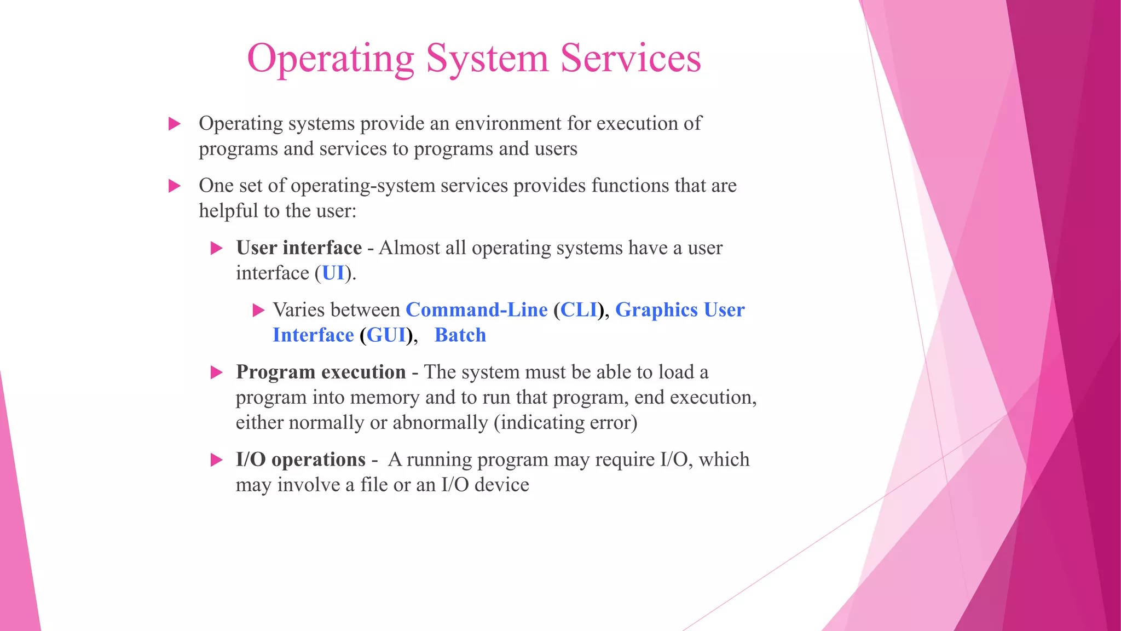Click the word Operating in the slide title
pyautogui.click(x=331, y=59)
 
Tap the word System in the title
pyautogui.click(x=487, y=59)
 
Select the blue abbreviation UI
pyautogui.click(x=333, y=273)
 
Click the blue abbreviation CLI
pyautogui.click(x=579, y=310)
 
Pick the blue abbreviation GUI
pyautogui.click(x=386, y=335)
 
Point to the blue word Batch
pyautogui.click(x=460, y=335)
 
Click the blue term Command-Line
pyautogui.click(x=476, y=310)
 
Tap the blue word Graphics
pyautogui.click(x=656, y=310)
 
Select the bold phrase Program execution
pyautogui.click(x=321, y=372)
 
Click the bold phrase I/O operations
pyautogui.click(x=301, y=460)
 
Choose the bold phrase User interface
pyautogui.click(x=299, y=248)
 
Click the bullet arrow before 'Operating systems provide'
pyautogui.click(x=175, y=124)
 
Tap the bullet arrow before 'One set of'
pyautogui.click(x=175, y=186)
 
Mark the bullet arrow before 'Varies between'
pyautogui.click(x=258, y=311)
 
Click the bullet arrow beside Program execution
pyautogui.click(x=217, y=373)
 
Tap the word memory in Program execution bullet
pyautogui.click(x=384, y=397)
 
